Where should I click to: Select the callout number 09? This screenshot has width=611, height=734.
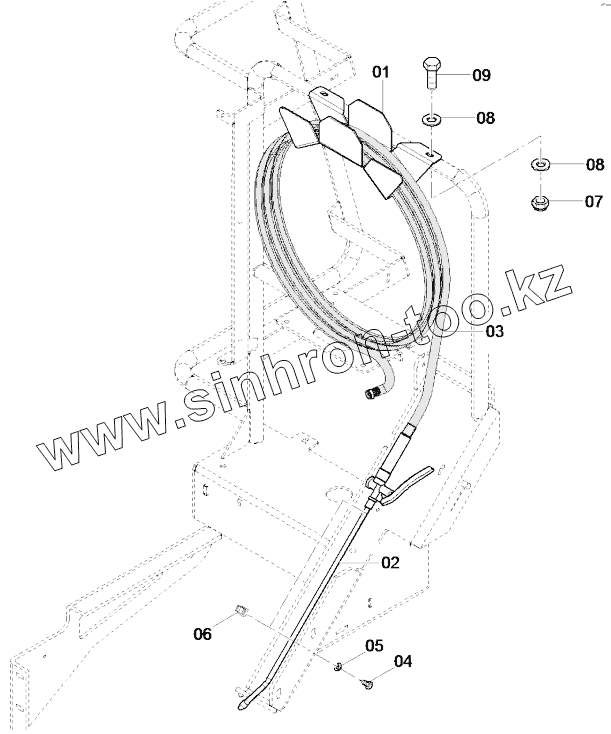click(x=482, y=75)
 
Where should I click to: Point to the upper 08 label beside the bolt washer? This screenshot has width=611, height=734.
click(x=484, y=118)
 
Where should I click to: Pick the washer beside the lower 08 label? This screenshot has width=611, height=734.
click(x=541, y=163)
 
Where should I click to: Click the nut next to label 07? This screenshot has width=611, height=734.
click(x=541, y=203)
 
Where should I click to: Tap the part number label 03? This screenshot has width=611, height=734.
click(x=495, y=331)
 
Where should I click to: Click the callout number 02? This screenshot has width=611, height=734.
click(x=390, y=563)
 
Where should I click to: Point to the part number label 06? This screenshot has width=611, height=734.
click(x=202, y=633)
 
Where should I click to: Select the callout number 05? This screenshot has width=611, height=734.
click(x=374, y=646)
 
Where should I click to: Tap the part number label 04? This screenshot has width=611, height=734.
click(x=403, y=661)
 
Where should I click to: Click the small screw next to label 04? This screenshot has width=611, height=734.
click(x=368, y=684)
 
